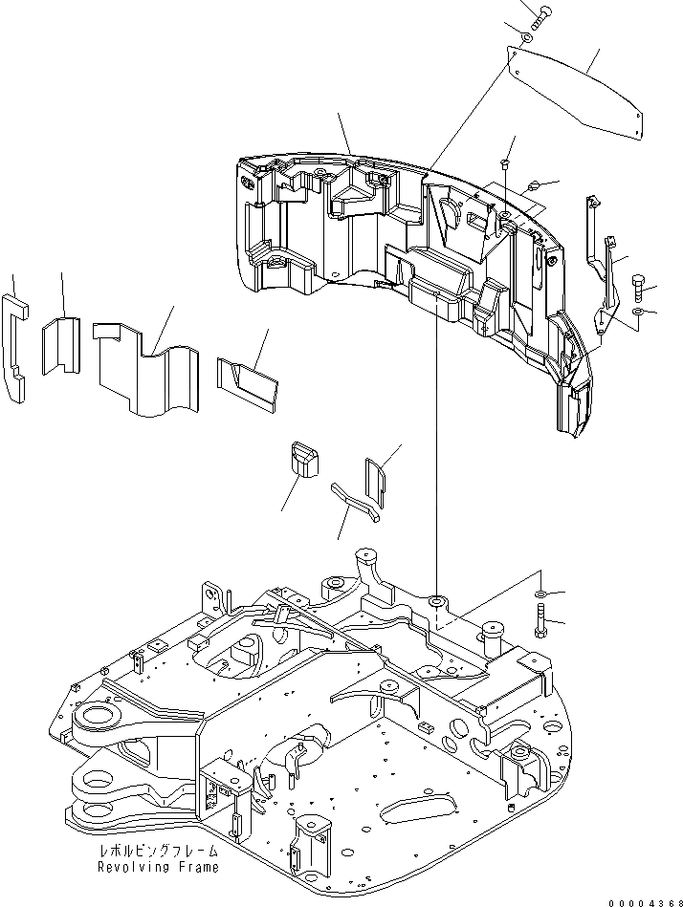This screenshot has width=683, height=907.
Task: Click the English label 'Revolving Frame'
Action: pos(157,867)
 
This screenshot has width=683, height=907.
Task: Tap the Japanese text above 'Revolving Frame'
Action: pos(157,851)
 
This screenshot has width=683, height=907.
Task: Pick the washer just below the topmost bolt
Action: pos(527,37)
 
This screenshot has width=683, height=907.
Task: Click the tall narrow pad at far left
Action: pos(16,344)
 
